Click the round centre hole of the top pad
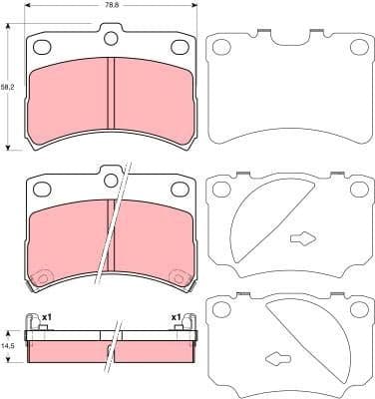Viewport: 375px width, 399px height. (x=112, y=39)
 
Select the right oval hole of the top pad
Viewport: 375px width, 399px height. (x=180, y=46)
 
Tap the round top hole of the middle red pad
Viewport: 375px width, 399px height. (x=105, y=178)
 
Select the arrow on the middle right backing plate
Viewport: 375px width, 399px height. (x=302, y=238)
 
